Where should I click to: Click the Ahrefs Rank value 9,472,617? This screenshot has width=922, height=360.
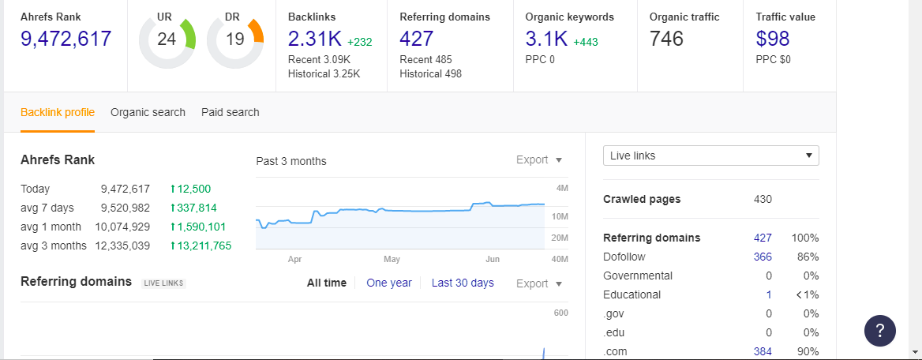tap(66, 39)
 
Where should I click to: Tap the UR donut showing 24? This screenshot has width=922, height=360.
tap(167, 39)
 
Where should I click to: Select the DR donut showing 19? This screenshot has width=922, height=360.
tap(234, 39)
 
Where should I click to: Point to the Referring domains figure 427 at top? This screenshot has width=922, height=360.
tap(418, 39)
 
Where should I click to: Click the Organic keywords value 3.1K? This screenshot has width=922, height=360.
tap(546, 39)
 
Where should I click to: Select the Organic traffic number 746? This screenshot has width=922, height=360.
tap(667, 39)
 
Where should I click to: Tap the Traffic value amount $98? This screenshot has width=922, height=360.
tap(773, 39)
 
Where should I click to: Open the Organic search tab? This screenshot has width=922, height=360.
tap(148, 112)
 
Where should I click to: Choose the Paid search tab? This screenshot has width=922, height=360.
tap(230, 112)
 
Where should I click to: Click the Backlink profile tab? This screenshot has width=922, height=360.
tap(58, 112)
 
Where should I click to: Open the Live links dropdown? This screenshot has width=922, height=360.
tap(710, 156)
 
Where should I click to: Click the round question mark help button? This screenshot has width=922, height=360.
tap(880, 330)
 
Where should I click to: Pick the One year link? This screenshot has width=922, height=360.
tap(389, 283)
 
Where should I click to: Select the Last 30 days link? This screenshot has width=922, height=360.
tap(463, 283)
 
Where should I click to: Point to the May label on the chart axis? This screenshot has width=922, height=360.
tap(392, 259)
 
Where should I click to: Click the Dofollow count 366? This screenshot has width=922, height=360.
tap(763, 257)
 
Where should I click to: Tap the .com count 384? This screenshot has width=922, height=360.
tap(763, 351)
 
